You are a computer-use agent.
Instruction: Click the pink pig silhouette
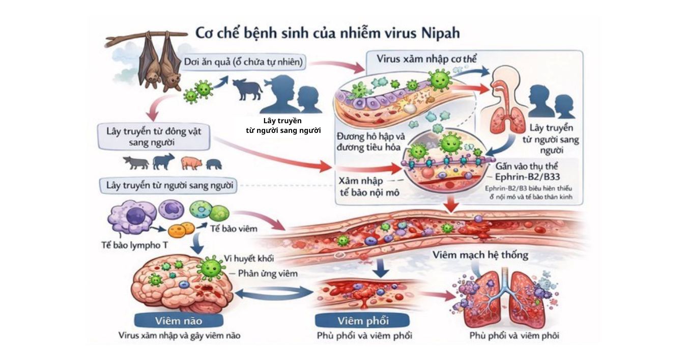191,163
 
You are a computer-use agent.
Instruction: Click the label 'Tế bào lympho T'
134,244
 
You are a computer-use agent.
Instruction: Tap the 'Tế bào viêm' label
234,229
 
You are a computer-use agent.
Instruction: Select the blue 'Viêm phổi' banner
363,320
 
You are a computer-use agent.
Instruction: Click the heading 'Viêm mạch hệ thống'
480,254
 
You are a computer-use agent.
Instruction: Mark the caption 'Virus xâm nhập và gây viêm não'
179,336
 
